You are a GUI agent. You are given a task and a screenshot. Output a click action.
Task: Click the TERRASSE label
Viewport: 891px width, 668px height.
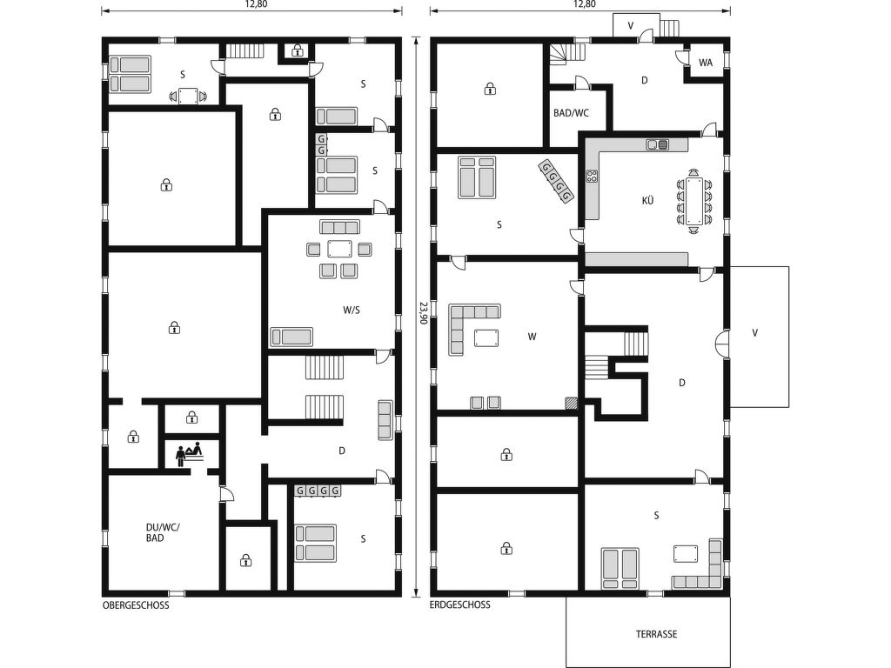pos(656,634)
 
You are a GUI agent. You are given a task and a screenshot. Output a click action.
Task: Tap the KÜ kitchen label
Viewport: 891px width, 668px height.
pos(647,201)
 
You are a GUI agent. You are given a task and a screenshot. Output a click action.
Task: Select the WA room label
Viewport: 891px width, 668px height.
pos(705,63)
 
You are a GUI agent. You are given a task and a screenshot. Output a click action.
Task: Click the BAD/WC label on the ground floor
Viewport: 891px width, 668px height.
pos(571,113)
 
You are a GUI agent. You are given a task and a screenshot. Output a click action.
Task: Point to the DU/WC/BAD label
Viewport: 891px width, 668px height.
pos(162,532)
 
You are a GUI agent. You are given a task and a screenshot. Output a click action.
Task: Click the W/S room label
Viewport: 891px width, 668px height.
pos(352,311)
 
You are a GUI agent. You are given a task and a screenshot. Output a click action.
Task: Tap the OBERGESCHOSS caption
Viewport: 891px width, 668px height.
pos(136,605)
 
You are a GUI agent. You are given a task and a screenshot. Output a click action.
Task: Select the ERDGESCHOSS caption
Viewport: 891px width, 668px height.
pos(459,605)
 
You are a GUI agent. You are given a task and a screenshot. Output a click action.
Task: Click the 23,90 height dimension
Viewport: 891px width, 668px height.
pos(423,312)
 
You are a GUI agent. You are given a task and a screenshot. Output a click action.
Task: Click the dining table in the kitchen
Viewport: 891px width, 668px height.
pos(693,202)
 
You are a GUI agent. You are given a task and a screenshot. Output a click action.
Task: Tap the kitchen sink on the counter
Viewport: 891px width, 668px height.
pos(658,144)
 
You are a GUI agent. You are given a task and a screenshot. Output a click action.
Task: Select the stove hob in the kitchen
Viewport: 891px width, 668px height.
pos(593,176)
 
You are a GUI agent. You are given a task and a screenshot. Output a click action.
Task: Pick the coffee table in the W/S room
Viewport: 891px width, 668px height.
pos(339,249)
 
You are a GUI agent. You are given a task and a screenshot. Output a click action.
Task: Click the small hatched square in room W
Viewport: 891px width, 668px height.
pos(571,403)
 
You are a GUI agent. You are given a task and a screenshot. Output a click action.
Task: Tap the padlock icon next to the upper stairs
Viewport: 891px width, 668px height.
pos(298,51)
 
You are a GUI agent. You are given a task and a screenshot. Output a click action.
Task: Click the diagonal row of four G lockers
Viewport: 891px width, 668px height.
pos(556,181)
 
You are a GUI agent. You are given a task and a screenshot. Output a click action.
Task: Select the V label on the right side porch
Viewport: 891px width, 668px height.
pos(754,333)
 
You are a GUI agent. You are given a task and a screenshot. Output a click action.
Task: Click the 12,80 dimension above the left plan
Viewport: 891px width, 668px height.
pos(256,4)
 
